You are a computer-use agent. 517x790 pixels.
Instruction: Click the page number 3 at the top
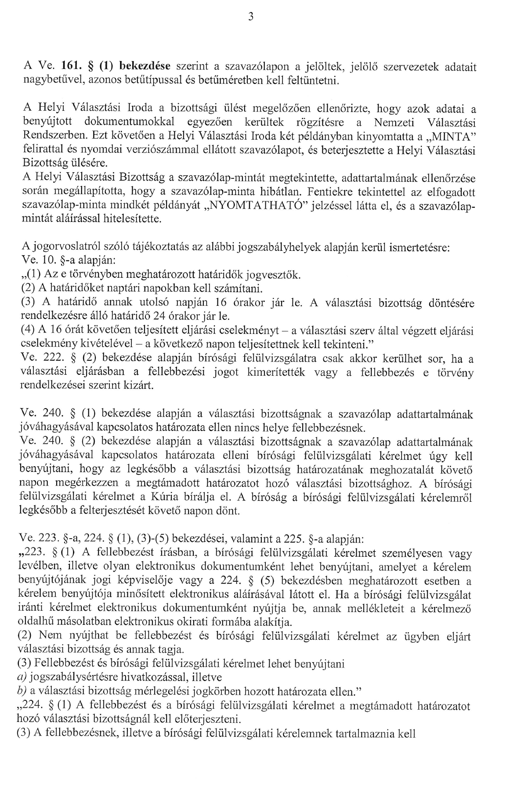point(250,17)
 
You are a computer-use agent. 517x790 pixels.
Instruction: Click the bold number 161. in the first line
point(70,67)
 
